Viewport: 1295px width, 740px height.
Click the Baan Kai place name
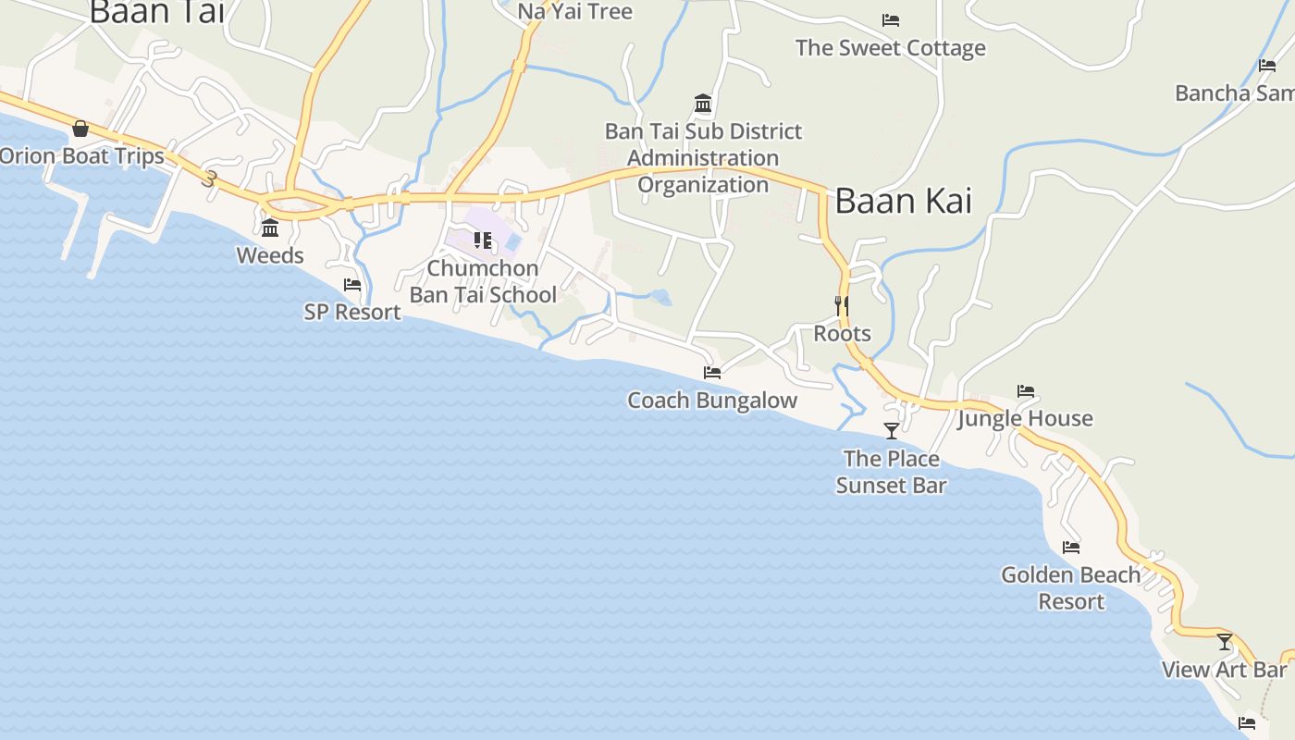pyautogui.click(x=903, y=201)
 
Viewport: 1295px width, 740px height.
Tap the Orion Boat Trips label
pyautogui.click(x=81, y=155)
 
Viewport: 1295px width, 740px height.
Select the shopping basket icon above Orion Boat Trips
pyautogui.click(x=80, y=129)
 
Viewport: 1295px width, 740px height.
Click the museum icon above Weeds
pyautogui.click(x=270, y=228)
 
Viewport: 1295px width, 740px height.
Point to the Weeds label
pyautogui.click(x=270, y=255)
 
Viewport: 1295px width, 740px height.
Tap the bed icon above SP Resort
pyautogui.click(x=352, y=285)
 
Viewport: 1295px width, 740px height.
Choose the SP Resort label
pyautogui.click(x=352, y=312)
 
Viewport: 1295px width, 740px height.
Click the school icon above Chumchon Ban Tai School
pyautogui.click(x=482, y=240)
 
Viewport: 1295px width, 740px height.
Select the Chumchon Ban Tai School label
pyautogui.click(x=483, y=281)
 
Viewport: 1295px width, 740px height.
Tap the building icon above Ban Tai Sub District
pyautogui.click(x=703, y=103)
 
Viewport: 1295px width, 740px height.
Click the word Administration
pyautogui.click(x=703, y=158)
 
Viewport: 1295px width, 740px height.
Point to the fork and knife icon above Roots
pyautogui.click(x=842, y=305)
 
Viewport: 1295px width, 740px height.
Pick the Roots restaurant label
pyautogui.click(x=842, y=333)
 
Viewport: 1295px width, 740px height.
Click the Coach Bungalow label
pyautogui.click(x=712, y=400)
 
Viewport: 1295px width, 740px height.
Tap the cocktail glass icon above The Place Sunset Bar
pyautogui.click(x=892, y=430)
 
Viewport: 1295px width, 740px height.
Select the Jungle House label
pyautogui.click(x=1025, y=418)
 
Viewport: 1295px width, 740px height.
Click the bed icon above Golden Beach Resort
pyautogui.click(x=1071, y=548)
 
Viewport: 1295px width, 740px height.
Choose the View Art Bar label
pyautogui.click(x=1225, y=669)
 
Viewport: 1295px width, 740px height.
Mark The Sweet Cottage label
pyautogui.click(x=891, y=48)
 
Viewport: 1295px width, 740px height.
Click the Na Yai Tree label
pyautogui.click(x=574, y=11)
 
